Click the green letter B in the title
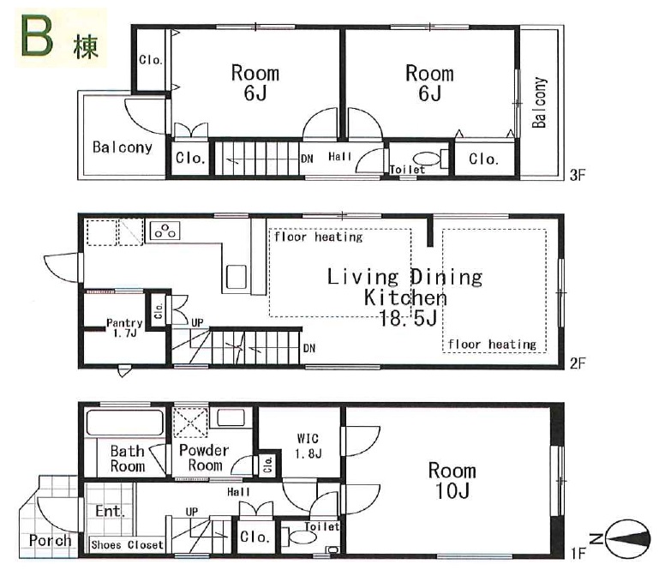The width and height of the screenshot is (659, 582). tap(38, 36)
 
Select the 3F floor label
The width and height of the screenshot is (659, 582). tap(578, 175)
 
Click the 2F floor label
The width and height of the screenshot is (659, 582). tap(578, 363)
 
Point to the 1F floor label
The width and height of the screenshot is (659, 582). tap(578, 554)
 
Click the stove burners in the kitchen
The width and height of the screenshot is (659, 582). tap(165, 231)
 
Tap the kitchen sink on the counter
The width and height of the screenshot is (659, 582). tap(237, 276)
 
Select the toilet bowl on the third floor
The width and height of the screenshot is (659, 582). tap(427, 159)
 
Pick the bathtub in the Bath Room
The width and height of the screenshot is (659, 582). tap(124, 423)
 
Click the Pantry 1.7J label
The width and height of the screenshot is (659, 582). tap(124, 328)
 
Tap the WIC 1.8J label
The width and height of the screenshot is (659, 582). tap(308, 447)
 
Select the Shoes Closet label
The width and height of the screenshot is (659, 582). tap(127, 545)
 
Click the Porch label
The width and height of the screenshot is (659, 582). tap(50, 540)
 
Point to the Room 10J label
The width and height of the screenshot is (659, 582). tap(452, 481)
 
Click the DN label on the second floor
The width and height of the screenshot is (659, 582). tap(309, 348)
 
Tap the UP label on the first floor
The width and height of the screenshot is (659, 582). tap(192, 512)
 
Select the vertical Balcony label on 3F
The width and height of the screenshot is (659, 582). tap(539, 102)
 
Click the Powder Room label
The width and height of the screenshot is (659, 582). tap(204, 458)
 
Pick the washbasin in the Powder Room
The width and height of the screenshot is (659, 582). tap(231, 418)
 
